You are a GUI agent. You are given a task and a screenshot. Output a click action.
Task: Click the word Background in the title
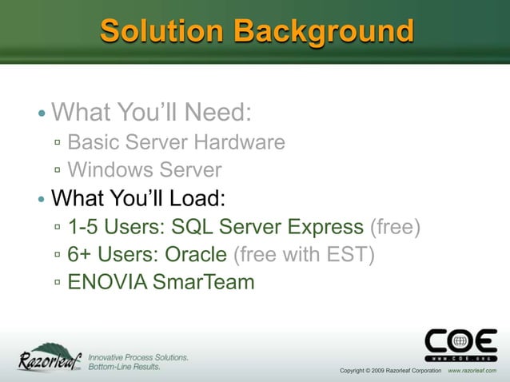click(324, 31)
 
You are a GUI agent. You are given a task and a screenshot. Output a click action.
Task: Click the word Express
click(323, 227)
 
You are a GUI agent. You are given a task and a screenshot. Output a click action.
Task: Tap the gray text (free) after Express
click(394, 227)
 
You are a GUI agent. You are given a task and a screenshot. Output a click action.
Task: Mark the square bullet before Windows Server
click(58, 171)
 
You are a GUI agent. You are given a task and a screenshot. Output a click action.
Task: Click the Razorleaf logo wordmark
click(50, 359)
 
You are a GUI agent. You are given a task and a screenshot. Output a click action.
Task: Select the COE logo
click(460, 345)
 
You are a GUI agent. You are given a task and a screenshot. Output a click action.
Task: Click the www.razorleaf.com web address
click(477, 371)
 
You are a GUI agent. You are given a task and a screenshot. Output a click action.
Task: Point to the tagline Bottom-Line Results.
click(124, 367)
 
